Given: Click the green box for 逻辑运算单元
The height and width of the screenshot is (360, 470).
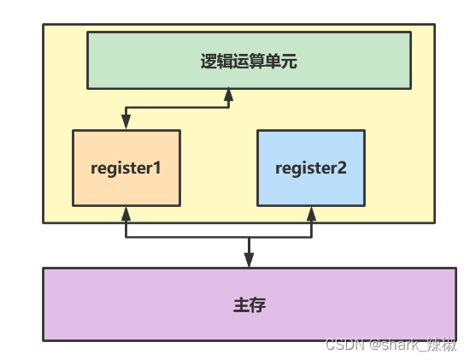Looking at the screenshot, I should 249,60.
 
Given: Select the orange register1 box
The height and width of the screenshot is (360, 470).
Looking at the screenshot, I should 126,168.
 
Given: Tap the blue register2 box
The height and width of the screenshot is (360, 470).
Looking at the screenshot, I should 311,168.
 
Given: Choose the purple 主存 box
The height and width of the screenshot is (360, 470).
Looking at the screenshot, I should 249,304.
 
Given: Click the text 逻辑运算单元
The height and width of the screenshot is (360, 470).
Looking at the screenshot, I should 249,61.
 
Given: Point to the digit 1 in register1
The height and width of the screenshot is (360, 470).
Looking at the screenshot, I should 157,168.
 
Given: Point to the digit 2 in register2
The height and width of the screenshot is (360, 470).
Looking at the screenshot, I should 342,168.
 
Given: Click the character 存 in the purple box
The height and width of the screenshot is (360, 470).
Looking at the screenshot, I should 259,304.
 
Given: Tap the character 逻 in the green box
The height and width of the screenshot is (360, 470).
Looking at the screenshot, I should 207,61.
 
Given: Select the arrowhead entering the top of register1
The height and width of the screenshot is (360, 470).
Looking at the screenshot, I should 126,124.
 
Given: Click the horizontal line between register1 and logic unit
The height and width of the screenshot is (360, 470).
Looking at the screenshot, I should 177,108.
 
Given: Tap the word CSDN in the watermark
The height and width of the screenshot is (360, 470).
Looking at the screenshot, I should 344,344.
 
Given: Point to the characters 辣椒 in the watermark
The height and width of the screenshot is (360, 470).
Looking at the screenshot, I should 444,344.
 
